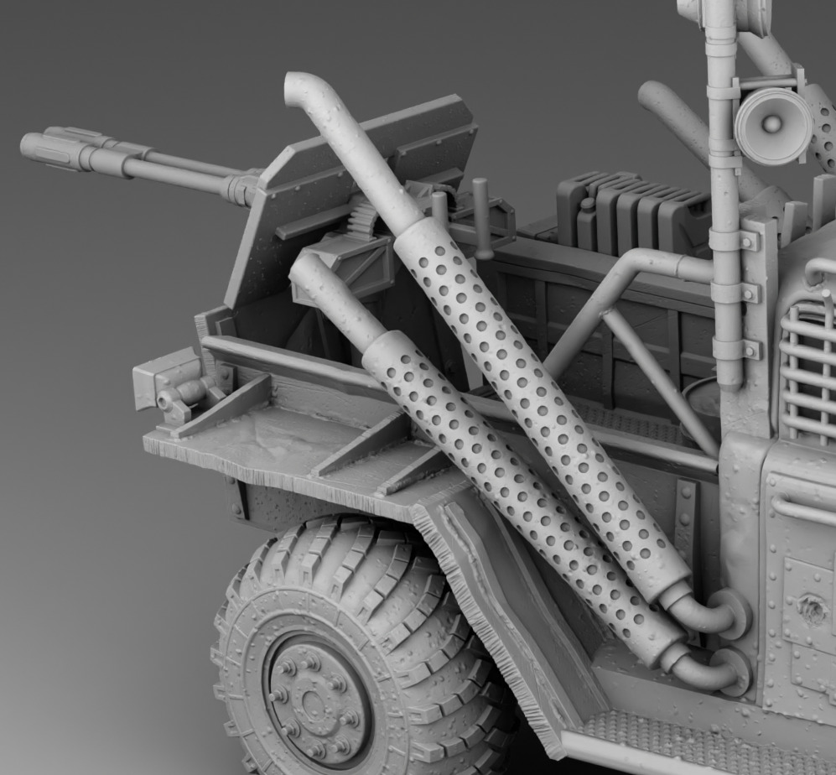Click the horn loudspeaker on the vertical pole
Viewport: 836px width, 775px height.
point(771,125)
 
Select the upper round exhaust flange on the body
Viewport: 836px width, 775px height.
point(731,613)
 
